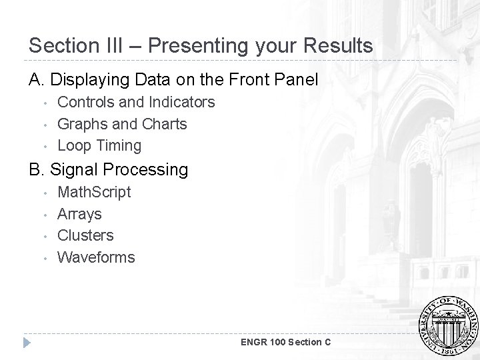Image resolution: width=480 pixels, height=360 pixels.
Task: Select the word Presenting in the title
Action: (x=191, y=45)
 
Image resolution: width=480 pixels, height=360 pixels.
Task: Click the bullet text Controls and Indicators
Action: (x=136, y=102)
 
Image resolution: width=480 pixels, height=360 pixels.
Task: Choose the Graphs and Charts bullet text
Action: (x=122, y=123)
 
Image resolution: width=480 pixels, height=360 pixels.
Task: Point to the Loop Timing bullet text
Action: (x=99, y=145)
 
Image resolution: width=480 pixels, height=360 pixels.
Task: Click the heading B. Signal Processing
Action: (x=109, y=169)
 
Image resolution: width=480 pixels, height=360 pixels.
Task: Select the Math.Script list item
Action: (x=94, y=192)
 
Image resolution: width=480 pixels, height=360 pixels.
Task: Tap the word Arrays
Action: (x=79, y=213)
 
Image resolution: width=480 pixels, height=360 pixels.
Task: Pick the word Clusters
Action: (x=85, y=235)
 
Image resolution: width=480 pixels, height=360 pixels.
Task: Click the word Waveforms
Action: (x=96, y=257)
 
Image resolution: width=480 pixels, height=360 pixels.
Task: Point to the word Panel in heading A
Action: (x=298, y=80)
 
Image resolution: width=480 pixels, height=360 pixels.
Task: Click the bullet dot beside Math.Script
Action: (x=44, y=193)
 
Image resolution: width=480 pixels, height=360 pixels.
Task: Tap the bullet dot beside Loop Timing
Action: (x=44, y=146)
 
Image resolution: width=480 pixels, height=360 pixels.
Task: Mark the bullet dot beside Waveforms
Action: (x=44, y=258)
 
